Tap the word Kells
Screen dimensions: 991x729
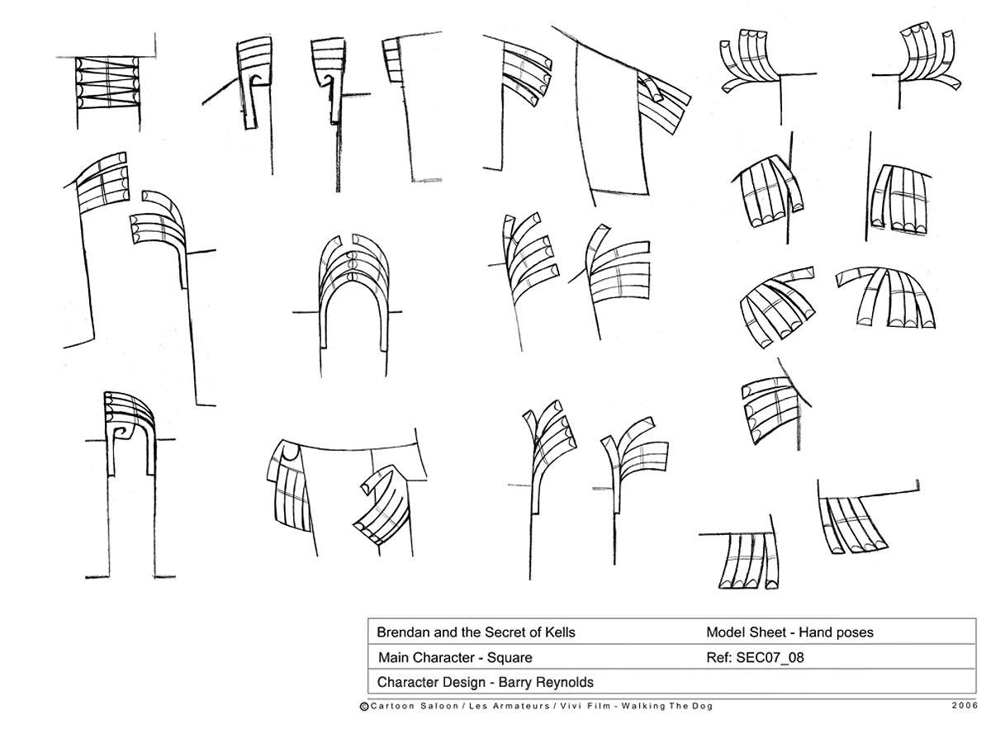coord(559,632)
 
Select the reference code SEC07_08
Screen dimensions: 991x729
coord(770,657)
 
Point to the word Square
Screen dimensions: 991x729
coord(510,658)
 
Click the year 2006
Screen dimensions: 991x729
coord(965,706)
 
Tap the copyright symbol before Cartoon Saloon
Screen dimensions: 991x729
coord(364,707)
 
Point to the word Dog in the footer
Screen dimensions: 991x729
coord(704,706)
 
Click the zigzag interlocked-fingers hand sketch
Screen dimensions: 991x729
coord(108,82)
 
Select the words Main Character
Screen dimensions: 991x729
coord(426,658)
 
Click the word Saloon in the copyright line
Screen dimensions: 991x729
coord(439,706)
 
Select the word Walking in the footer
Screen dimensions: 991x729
coord(642,706)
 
